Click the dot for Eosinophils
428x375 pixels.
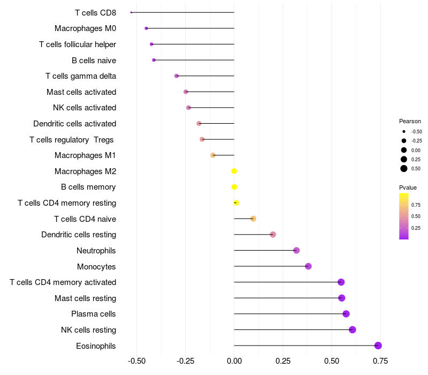[378, 346]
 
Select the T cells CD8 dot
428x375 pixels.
[131, 12]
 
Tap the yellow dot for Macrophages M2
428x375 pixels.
[234, 171]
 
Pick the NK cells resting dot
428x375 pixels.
[352, 329]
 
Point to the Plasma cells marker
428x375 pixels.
[346, 314]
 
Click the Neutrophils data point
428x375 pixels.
[296, 250]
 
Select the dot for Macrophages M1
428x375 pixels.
[213, 155]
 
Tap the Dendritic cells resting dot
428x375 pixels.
[273, 235]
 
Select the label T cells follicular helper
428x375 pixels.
[78, 44]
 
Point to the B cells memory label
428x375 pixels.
[88, 187]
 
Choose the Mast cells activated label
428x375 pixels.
[81, 92]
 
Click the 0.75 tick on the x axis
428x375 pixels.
[380, 361]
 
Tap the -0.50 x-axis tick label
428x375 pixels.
[137, 361]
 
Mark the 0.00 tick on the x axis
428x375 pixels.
[234, 361]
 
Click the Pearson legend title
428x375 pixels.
[410, 121]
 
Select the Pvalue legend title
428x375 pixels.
[408, 187]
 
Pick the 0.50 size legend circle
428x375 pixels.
[403, 169]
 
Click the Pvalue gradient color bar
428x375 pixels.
[403, 216]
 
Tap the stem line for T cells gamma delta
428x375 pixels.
[205, 76]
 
